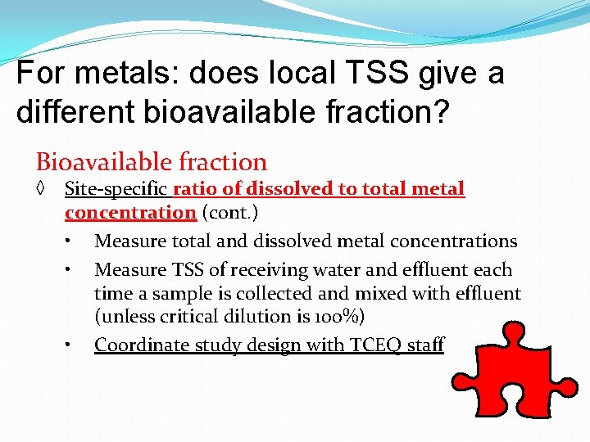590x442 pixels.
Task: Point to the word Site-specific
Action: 116,189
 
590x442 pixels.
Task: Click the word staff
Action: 425,345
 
